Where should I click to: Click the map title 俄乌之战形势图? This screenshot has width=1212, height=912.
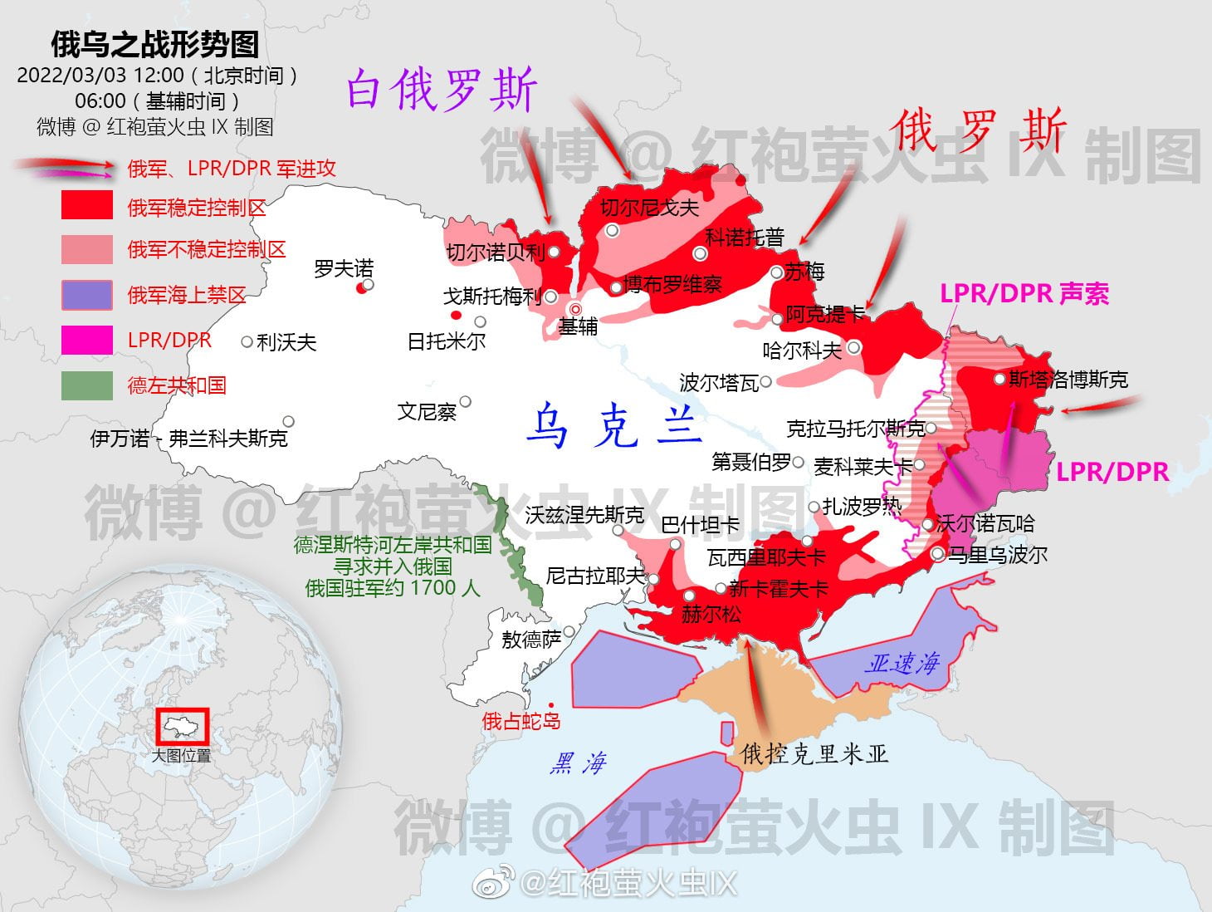tap(154, 44)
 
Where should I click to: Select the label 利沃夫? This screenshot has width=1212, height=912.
tap(286, 342)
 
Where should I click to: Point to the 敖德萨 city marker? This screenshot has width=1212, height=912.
tap(569, 632)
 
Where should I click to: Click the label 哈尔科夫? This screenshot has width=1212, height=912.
tap(802, 351)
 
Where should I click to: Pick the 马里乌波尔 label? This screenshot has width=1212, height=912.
tap(998, 555)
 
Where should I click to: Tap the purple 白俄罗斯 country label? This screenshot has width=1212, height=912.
tap(442, 90)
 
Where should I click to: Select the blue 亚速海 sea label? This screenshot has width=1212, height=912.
tap(902, 663)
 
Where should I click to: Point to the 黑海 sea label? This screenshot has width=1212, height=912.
tap(579, 763)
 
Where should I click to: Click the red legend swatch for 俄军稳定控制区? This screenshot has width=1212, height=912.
tap(86, 204)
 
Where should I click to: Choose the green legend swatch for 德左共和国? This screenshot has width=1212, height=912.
tap(86, 385)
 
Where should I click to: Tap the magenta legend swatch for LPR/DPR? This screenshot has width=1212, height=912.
tap(86, 341)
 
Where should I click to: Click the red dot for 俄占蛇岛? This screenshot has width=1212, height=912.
tap(551, 705)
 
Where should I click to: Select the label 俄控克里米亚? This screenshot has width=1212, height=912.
tap(814, 753)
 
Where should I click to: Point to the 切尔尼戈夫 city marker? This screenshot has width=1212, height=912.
tap(612, 231)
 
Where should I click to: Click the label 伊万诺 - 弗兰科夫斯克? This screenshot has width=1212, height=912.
tap(188, 438)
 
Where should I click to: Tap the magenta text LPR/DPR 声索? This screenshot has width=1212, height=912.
tap(1024, 294)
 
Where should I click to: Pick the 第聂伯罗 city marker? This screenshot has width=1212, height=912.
tap(798, 462)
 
